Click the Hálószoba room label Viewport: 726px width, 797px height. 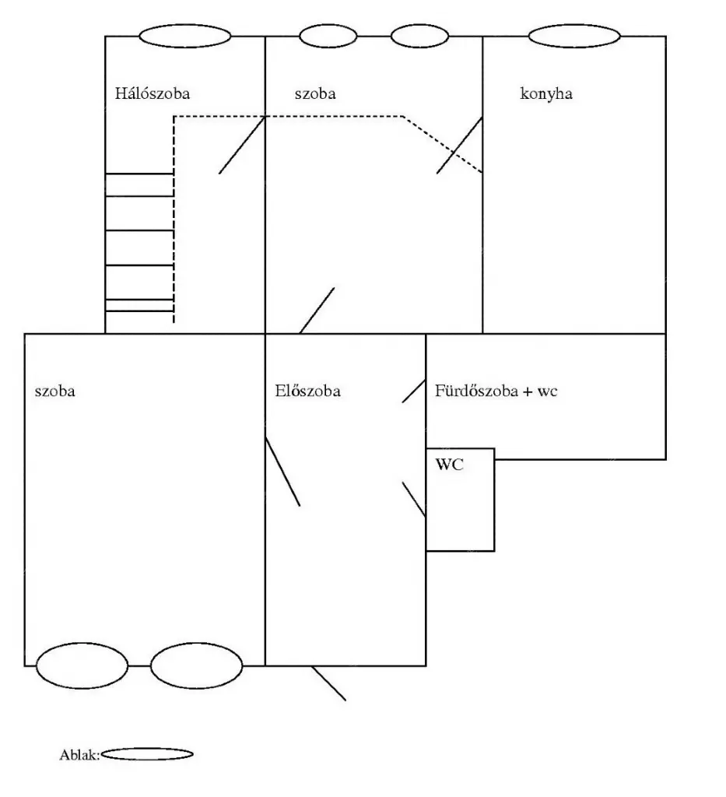153,93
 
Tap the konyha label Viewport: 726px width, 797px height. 546,94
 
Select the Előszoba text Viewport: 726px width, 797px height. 308,391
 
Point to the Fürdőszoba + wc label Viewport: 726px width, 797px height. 496,391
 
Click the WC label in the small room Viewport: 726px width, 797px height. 450,465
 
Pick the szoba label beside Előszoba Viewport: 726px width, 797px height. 55,391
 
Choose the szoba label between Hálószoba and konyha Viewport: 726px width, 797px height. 315,94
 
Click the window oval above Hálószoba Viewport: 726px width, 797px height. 185,36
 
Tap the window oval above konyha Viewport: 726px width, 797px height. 574,36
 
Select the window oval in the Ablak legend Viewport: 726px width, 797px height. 147,753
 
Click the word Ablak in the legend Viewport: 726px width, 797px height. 79,755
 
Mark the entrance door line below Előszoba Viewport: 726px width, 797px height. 328,683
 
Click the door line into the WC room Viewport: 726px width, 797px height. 414,500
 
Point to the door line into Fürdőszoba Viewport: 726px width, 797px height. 414,391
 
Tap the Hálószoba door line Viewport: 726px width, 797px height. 242,146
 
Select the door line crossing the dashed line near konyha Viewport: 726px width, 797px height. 459,146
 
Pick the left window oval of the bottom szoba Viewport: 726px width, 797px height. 82,666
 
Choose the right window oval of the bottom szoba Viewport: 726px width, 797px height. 197,666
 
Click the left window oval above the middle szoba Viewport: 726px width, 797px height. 328,36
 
